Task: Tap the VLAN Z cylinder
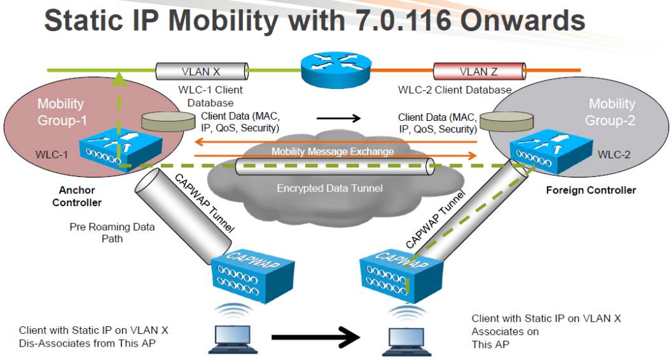pos(478,71)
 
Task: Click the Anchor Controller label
pos(76,196)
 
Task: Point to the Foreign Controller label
pos(591,190)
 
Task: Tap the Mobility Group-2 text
pos(611,111)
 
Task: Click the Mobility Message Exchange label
pos(333,151)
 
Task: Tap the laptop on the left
pos(233,338)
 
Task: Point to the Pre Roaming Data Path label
pos(112,232)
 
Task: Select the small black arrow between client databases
pos(338,118)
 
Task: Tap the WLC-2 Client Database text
pos(455,90)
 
